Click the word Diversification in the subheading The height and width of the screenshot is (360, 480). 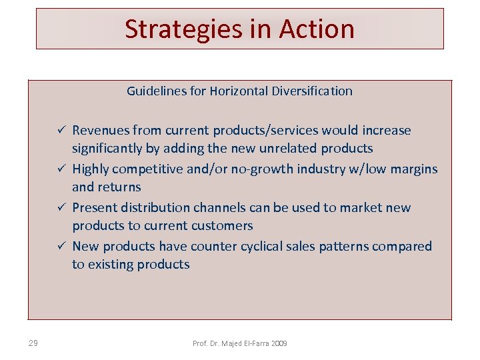click(311, 91)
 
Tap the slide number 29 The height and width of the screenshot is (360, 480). click(33, 343)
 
